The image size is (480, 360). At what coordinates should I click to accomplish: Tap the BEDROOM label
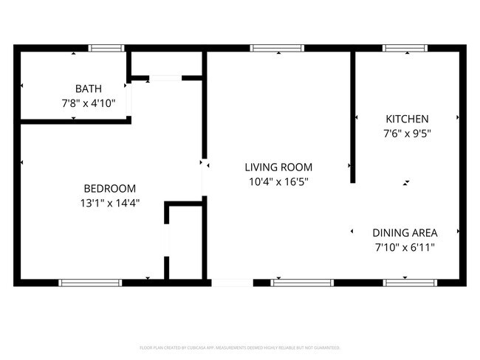[x=109, y=188]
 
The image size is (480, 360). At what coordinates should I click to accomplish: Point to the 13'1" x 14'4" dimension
[x=109, y=203]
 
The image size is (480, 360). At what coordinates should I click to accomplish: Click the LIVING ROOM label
[x=278, y=167]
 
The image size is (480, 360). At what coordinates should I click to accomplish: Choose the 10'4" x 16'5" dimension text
[x=278, y=181]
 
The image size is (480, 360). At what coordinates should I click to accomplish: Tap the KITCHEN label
[x=407, y=119]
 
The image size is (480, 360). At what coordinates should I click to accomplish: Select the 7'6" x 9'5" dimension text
[x=407, y=134]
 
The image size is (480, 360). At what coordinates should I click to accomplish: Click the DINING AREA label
[x=405, y=232]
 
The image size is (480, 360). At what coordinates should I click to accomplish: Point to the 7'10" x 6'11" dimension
[x=405, y=246]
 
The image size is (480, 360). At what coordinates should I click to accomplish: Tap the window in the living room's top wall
[x=277, y=48]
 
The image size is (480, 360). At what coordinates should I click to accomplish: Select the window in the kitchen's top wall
[x=405, y=48]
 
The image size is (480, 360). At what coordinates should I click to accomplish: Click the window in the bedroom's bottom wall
[x=90, y=282]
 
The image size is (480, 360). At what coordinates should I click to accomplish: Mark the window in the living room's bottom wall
[x=302, y=282]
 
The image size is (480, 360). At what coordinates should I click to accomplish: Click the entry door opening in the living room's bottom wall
[x=231, y=282]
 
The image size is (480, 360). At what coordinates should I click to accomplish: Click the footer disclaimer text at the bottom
[x=240, y=347]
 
